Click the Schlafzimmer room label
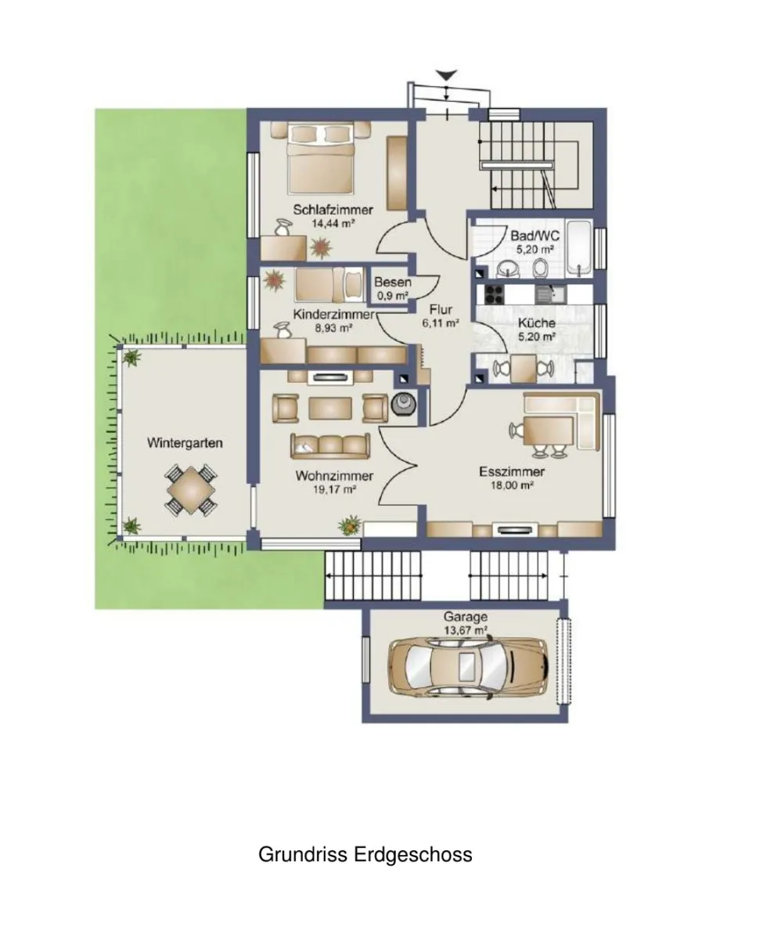333,209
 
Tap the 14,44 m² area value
333,224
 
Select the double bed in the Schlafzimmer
321,158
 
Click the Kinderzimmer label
334,315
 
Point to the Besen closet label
393,283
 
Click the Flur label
441,309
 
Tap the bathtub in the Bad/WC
579,248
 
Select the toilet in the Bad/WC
540,269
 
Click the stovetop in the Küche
493,294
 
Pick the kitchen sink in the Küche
551,294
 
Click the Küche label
537,323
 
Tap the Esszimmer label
512,472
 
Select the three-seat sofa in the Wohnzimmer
329,446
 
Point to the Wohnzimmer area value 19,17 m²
334,489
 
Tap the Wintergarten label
185,443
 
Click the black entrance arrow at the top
447,74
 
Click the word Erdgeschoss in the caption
413,855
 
